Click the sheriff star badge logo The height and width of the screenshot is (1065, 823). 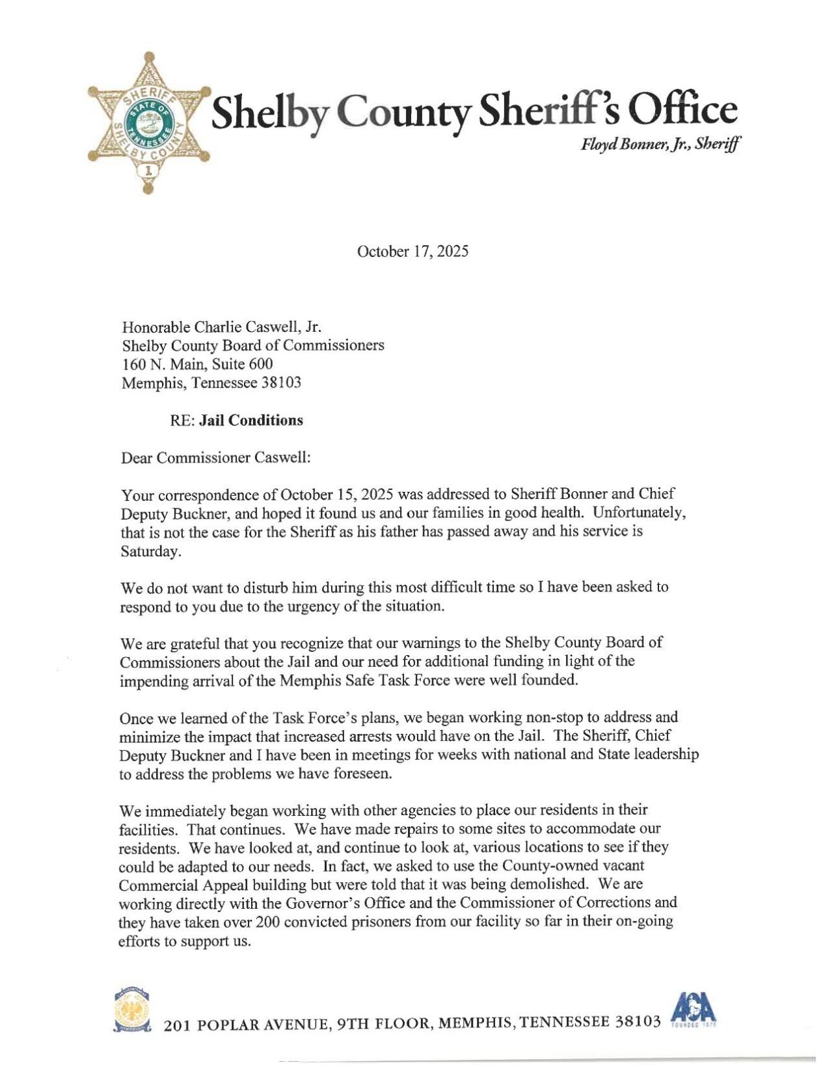(x=150, y=121)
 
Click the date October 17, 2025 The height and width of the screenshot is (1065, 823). (x=412, y=252)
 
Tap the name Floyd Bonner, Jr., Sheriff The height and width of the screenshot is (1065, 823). (x=660, y=145)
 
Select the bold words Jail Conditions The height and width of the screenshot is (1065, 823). (x=251, y=420)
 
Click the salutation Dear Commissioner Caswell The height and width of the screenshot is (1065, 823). (x=216, y=457)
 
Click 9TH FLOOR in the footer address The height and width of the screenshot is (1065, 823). (x=383, y=1024)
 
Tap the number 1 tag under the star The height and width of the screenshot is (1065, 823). (x=149, y=172)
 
